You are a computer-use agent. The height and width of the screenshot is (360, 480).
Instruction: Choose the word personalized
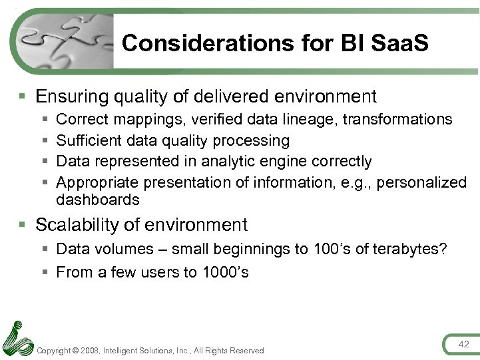pos(421,182)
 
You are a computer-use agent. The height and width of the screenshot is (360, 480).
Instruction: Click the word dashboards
pos(98,200)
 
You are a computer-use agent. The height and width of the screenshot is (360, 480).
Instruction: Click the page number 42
pos(463,343)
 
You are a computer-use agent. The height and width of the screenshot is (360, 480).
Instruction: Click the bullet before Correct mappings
pos(44,120)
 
